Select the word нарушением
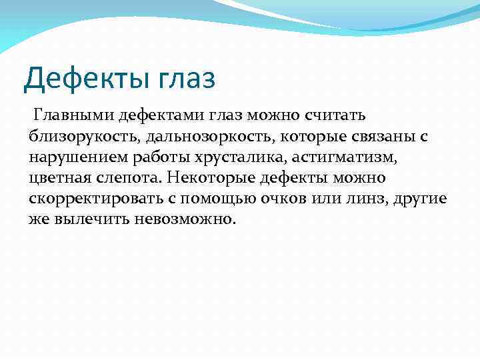coord(73,157)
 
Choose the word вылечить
coord(85,219)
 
